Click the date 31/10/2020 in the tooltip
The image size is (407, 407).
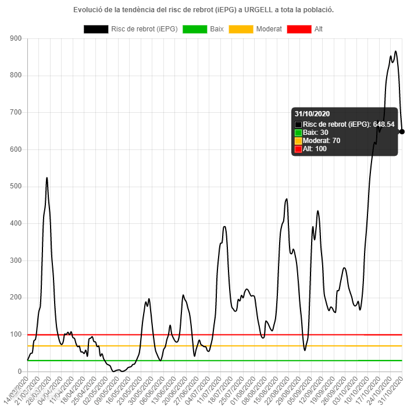[x=312, y=114]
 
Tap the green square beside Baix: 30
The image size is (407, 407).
[x=298, y=133]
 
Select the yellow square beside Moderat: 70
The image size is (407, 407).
[x=298, y=141]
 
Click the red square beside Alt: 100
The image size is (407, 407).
[x=298, y=149]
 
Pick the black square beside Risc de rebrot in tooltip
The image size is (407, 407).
[x=298, y=124]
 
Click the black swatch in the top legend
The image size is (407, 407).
[x=96, y=29]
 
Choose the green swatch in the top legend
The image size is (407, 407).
[x=195, y=29]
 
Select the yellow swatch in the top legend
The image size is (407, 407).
[x=241, y=29]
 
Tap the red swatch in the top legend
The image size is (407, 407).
[x=299, y=29]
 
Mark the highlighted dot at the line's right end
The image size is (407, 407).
[x=402, y=131]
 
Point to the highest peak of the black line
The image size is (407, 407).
[x=395, y=51]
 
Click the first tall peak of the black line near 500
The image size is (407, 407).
[x=47, y=178]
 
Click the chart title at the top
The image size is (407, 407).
[x=203, y=10]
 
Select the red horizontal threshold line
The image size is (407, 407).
[x=174, y=334]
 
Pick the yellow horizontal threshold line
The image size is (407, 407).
[x=174, y=345]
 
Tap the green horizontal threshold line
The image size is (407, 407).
[x=174, y=360]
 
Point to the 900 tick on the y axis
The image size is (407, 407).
[x=16, y=38]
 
